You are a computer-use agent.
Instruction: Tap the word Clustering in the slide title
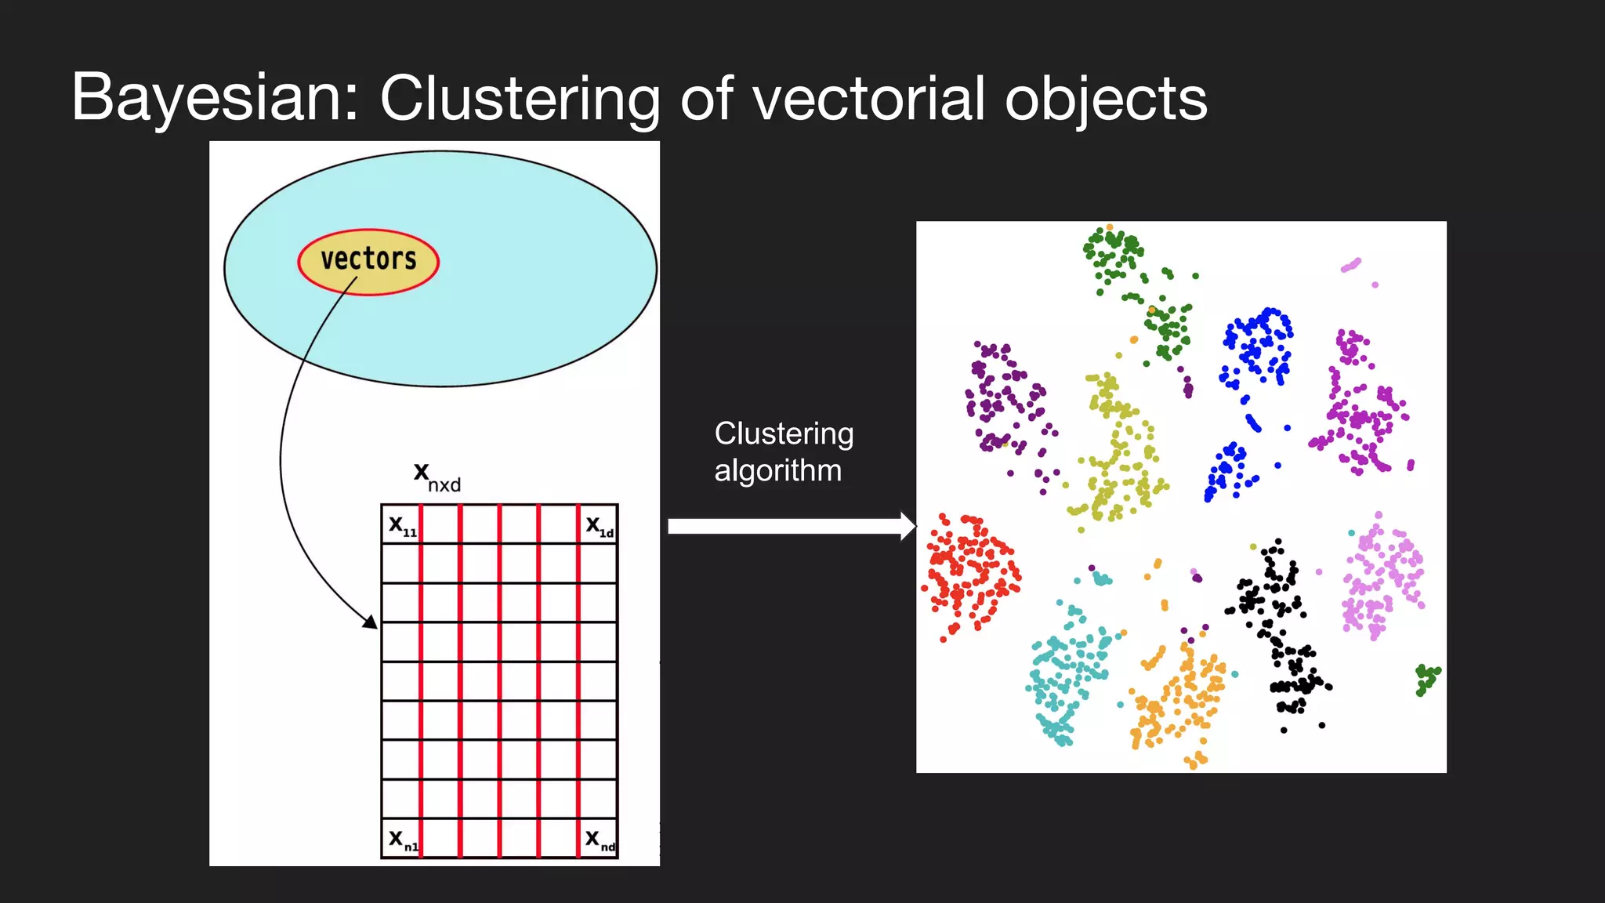pos(519,99)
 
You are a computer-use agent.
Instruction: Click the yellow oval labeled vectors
pos(368,261)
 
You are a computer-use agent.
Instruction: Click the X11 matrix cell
pos(401,525)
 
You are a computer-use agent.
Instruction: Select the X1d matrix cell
pos(599,525)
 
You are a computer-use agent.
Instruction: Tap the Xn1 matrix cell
pos(402,840)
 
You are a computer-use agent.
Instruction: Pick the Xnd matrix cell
pos(599,840)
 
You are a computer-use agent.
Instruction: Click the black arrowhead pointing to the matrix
pos(369,622)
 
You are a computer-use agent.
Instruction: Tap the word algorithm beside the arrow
pos(777,471)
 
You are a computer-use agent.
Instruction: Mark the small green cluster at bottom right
pos(1426,679)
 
